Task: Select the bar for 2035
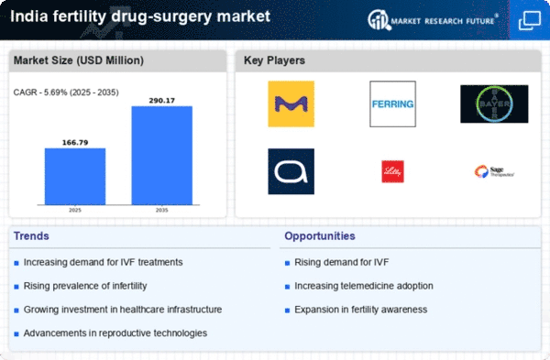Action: point(162,155)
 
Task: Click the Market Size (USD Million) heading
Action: point(71,61)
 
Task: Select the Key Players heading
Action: point(274,61)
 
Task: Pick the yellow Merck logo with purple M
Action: point(291,104)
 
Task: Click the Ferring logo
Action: point(392,104)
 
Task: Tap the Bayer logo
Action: point(493,104)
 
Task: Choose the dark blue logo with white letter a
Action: point(291,171)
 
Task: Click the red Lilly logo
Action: point(392,171)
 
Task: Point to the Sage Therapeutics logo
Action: point(493,171)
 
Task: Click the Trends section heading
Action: point(32,236)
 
